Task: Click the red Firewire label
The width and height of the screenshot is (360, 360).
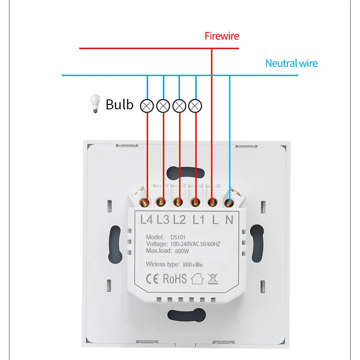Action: click(x=222, y=36)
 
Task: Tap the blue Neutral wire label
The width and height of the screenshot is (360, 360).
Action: click(x=291, y=63)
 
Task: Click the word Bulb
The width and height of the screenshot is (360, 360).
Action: click(x=120, y=104)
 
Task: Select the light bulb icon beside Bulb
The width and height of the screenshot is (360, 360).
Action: click(x=94, y=104)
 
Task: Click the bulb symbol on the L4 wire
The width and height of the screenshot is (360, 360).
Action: click(x=147, y=106)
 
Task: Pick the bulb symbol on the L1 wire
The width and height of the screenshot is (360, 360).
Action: click(x=196, y=106)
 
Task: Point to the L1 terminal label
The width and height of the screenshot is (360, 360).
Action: click(x=198, y=220)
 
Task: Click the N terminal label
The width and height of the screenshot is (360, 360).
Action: click(x=229, y=220)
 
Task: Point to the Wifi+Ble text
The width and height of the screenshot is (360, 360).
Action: click(x=192, y=265)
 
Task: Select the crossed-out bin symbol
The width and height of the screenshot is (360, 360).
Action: click(x=212, y=279)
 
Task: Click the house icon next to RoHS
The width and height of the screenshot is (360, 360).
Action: click(x=197, y=279)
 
